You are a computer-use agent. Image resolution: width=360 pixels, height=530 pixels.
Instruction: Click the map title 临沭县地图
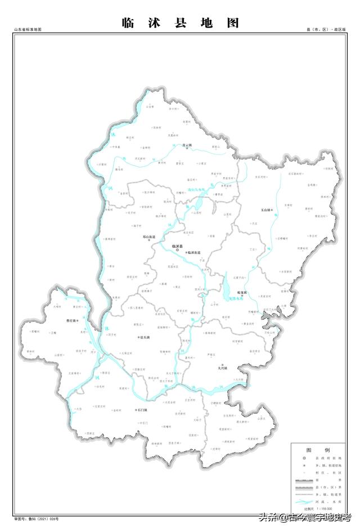click(180, 23)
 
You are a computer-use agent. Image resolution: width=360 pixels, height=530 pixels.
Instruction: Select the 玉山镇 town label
click(267, 210)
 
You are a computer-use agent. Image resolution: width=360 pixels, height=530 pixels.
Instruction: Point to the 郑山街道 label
click(149, 237)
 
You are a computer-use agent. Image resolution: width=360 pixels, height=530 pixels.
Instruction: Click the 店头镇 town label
click(144, 337)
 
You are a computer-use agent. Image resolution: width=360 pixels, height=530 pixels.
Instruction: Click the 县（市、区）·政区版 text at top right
click(326, 29)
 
